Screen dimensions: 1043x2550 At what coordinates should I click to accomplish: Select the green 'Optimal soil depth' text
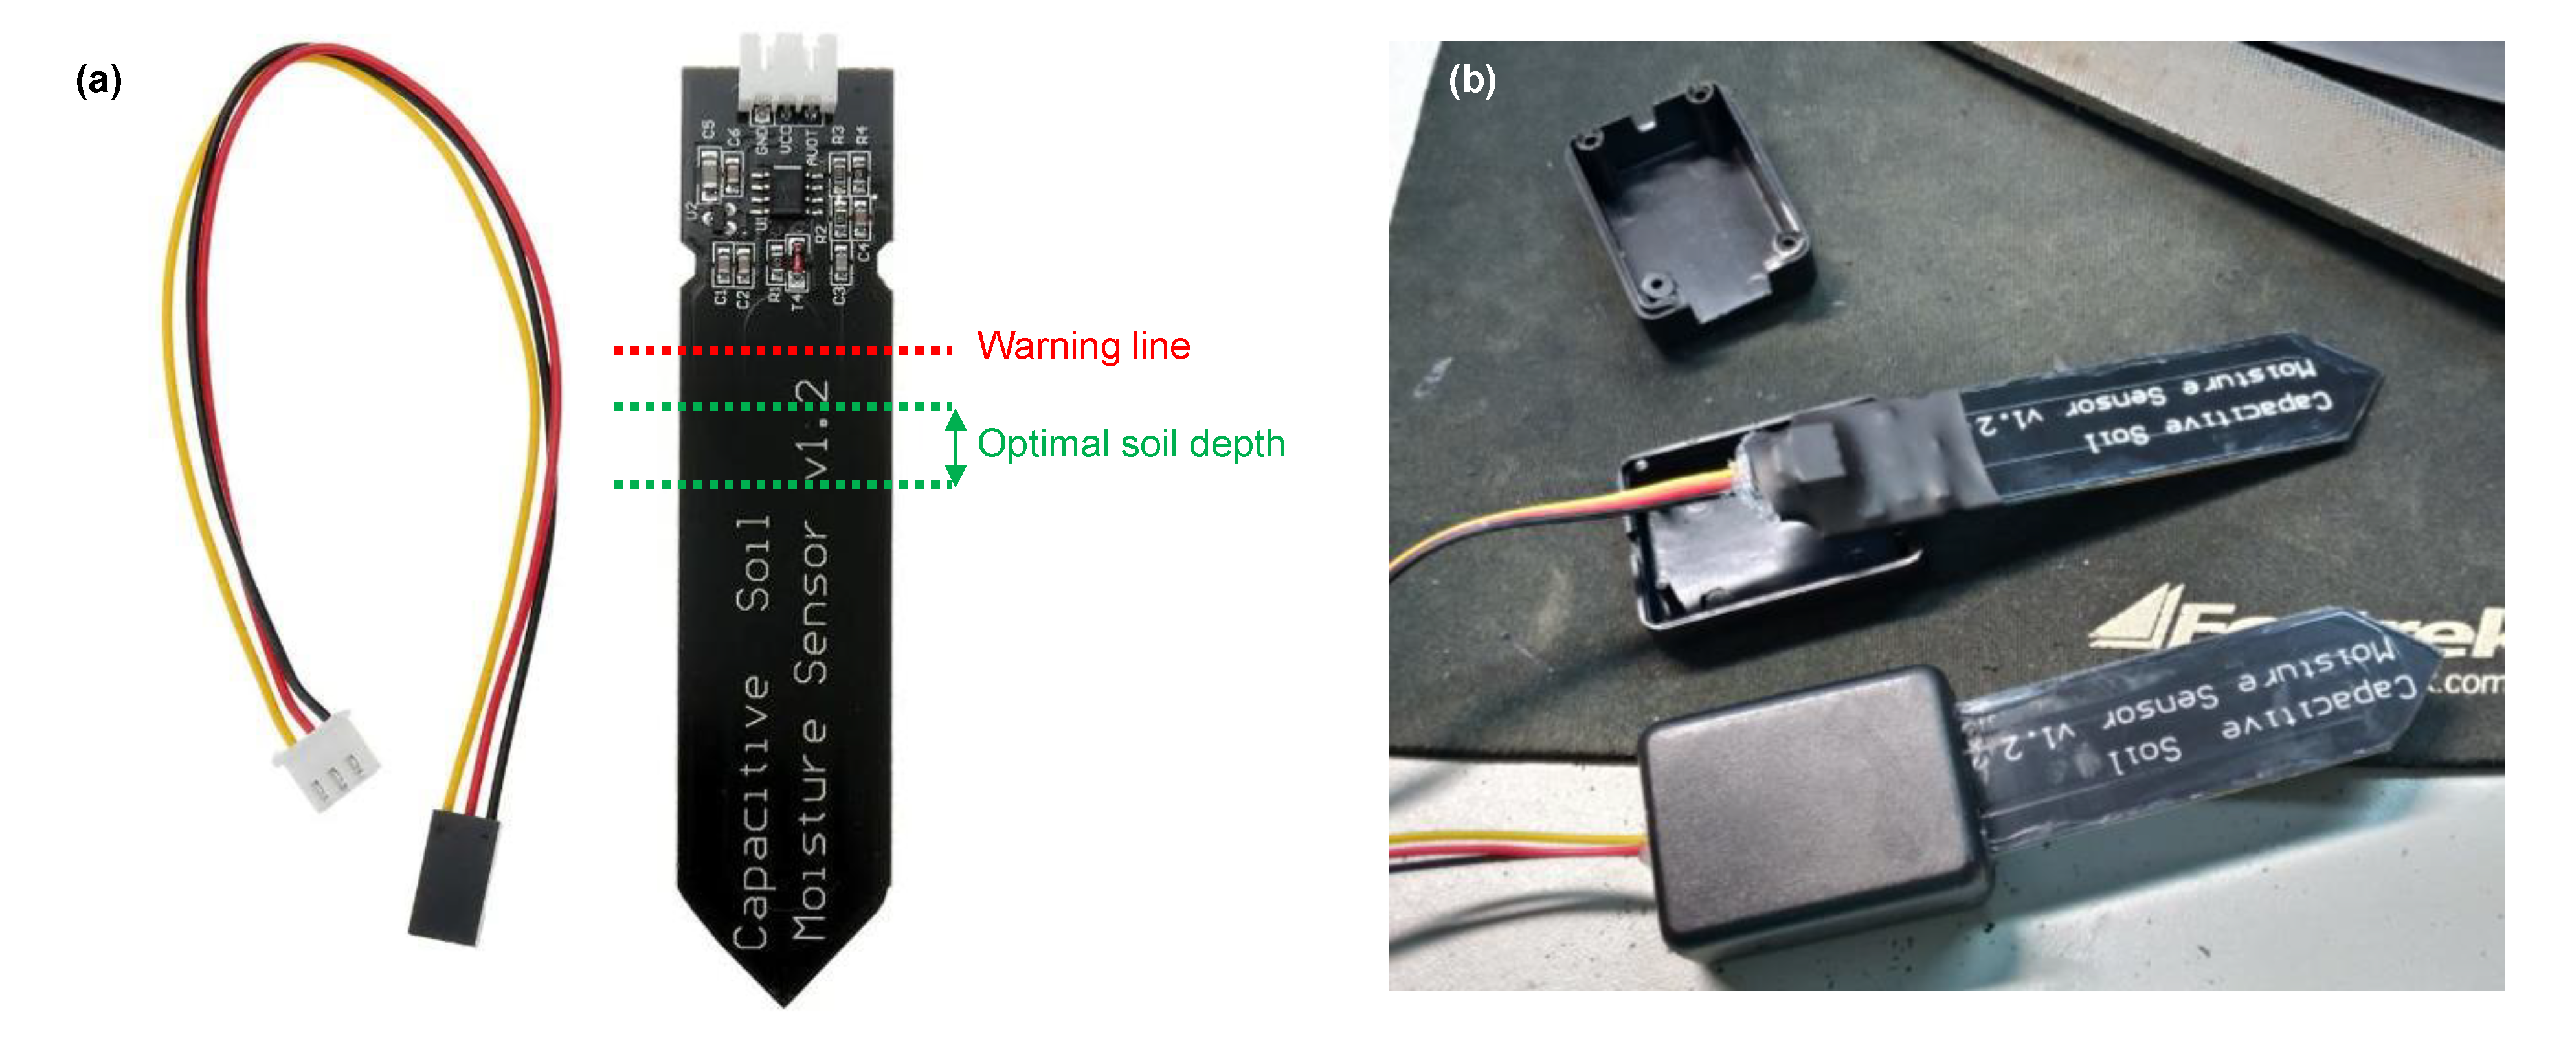(x=1130, y=444)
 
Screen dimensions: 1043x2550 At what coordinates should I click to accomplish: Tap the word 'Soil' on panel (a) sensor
(x=754, y=562)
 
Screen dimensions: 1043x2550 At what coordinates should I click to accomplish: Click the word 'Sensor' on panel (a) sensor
(x=812, y=603)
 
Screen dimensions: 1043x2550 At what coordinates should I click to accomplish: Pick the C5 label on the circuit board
(x=708, y=129)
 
